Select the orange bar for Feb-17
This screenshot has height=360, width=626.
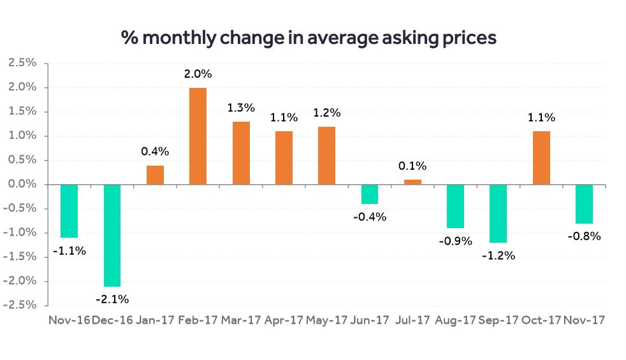198,136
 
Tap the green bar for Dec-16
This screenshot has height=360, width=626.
112,235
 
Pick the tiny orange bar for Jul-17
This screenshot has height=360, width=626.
412,182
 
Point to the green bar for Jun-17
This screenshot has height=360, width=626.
369,194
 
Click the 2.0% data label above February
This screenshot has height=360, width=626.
198,74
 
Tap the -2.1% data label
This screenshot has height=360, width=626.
112,299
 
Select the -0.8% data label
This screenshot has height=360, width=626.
583,236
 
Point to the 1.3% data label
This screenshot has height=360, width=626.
240,108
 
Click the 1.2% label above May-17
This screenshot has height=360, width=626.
326,113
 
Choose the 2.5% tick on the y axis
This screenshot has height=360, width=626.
22,63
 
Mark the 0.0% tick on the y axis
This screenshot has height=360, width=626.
22,184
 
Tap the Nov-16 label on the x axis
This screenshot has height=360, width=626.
69,320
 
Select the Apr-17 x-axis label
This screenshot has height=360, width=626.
284,320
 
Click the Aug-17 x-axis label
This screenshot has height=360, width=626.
455,320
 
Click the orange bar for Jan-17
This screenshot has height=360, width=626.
155,175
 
